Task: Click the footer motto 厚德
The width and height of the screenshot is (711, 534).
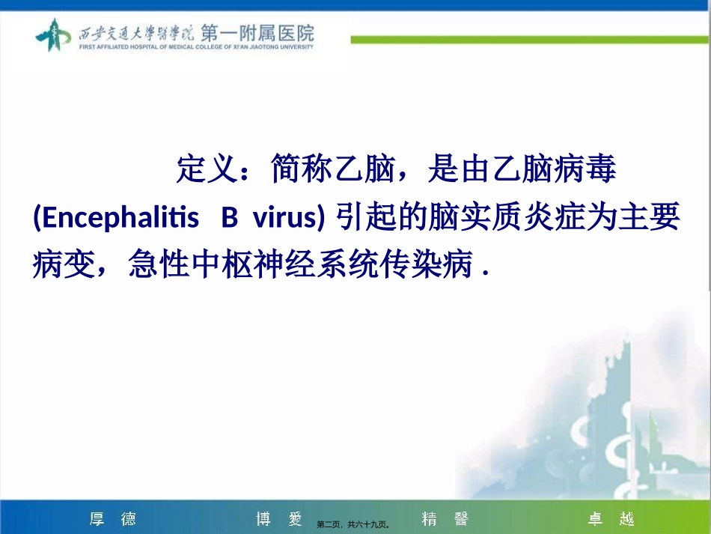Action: [x=113, y=519]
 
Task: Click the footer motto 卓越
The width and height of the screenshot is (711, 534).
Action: [x=611, y=519]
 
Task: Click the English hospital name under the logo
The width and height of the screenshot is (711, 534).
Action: [x=195, y=46]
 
